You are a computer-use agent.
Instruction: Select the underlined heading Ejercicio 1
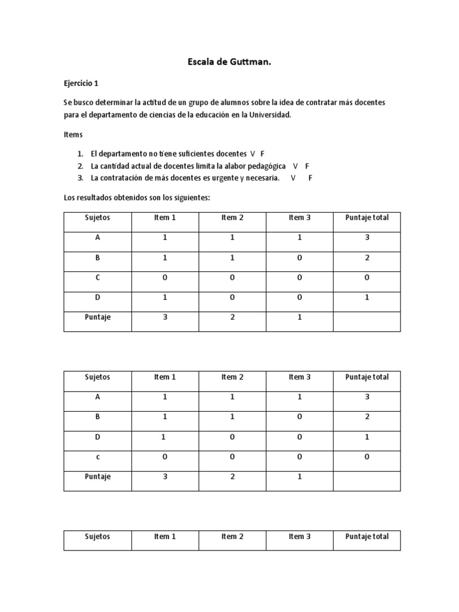(81, 84)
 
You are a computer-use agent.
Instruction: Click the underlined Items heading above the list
(73, 135)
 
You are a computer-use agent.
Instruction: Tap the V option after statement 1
(252, 154)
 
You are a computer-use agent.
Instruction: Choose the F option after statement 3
(310, 178)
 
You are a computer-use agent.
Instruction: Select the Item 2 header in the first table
(232, 218)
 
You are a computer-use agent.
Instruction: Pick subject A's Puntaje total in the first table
(367, 238)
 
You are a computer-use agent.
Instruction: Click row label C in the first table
(97, 278)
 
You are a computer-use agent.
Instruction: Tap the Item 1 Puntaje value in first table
(165, 317)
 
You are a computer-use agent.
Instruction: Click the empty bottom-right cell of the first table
(367, 321)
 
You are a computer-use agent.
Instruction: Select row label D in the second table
(97, 437)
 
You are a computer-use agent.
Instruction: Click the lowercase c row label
(97, 457)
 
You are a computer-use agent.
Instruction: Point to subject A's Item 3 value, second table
(299, 397)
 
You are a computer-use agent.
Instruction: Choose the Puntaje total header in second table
(367, 377)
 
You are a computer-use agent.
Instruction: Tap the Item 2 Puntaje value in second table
(232, 477)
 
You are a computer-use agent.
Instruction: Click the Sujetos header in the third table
(97, 537)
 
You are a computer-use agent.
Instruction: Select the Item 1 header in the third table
(165, 537)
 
